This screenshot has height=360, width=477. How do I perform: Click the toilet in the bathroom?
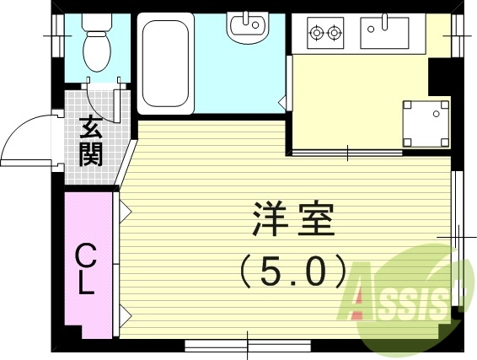pyautogui.click(x=98, y=51)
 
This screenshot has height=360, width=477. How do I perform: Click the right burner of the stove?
pyautogui.click(x=335, y=34)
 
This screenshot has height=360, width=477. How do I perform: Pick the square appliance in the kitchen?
pyautogui.click(x=426, y=121)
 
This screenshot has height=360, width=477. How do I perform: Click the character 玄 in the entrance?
pyautogui.click(x=91, y=127)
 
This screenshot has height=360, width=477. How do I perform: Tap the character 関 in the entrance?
pyautogui.click(x=91, y=154)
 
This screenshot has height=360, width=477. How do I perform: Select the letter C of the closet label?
pyautogui.click(x=85, y=255)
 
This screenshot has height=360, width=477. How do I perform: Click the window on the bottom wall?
pyautogui.click(x=248, y=343)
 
